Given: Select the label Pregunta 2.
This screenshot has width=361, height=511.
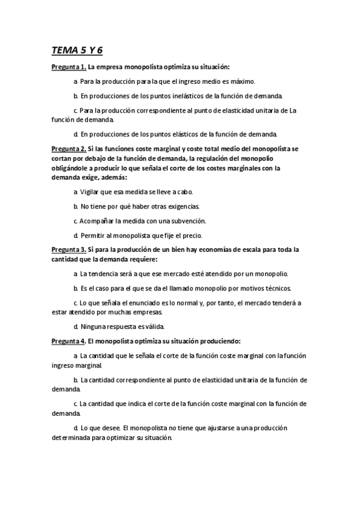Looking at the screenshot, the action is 69,148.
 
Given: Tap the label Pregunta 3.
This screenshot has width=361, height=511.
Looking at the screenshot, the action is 69,249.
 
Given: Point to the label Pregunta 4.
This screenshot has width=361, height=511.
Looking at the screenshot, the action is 69,341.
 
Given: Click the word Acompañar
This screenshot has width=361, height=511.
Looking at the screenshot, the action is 100,221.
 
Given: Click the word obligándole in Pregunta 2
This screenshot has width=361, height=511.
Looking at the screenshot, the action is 74,169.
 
